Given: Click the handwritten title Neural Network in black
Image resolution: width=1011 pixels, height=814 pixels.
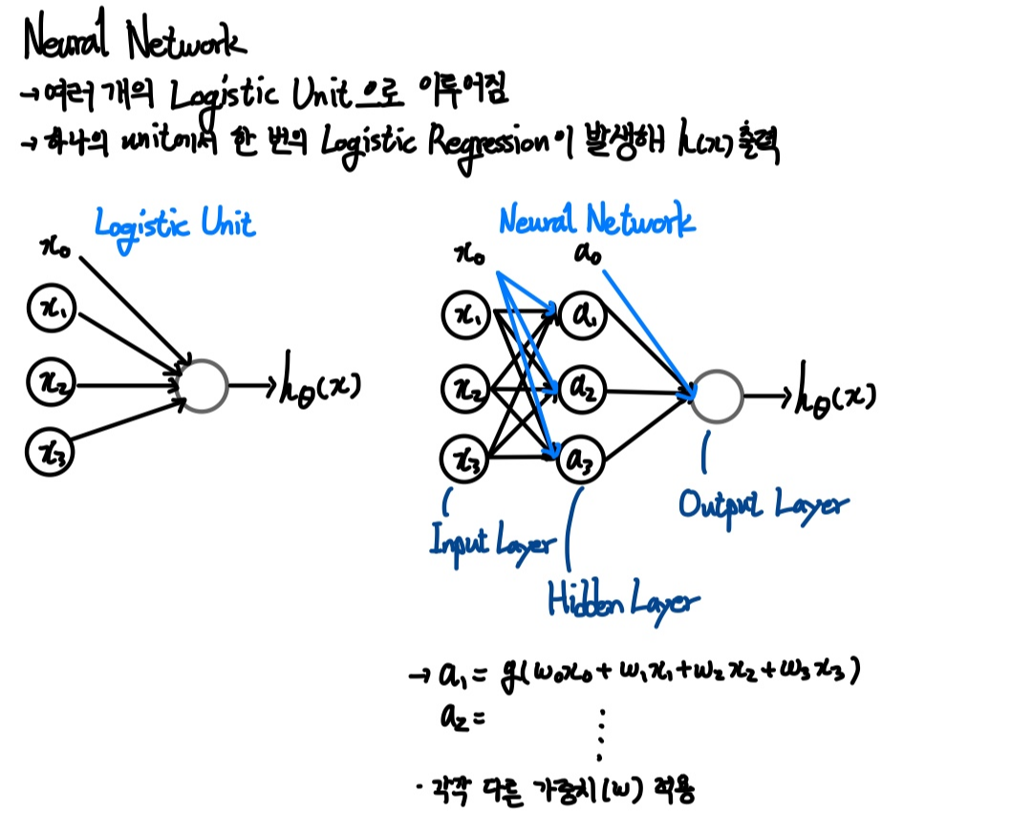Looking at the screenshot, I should [x=134, y=41].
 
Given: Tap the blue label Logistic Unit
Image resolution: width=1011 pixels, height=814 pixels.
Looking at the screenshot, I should [x=175, y=225].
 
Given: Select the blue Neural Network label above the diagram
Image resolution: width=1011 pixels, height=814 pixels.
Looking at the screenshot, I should [x=596, y=222].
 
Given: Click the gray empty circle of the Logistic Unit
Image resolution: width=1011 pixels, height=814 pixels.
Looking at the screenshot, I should [x=203, y=386].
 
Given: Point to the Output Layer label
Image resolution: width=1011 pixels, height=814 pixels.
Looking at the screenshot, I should [x=762, y=503].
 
